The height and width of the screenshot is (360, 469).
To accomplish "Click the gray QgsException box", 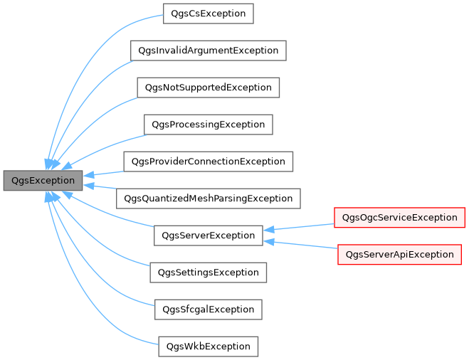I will [43, 181].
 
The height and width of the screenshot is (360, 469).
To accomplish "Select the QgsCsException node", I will [209, 14].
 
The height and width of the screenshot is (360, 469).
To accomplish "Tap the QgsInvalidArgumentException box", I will [208, 51].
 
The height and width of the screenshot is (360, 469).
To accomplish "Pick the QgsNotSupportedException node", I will [208, 88].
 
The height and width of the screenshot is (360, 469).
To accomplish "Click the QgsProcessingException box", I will [208, 125].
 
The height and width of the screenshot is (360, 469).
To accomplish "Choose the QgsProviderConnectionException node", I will [208, 162].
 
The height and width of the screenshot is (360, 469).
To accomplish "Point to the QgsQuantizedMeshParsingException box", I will [208, 198].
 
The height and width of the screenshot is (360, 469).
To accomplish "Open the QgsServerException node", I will [208, 235].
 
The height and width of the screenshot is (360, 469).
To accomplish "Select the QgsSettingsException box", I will [208, 272].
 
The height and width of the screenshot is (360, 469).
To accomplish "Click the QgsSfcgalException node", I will [208, 309].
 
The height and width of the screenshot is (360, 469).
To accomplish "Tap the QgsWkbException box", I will [208, 346].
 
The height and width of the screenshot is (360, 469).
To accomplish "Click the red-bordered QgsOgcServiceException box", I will [399, 217].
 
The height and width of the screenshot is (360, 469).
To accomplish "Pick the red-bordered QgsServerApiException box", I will [399, 254].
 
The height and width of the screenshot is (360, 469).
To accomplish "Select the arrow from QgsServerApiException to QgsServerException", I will [299, 245].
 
